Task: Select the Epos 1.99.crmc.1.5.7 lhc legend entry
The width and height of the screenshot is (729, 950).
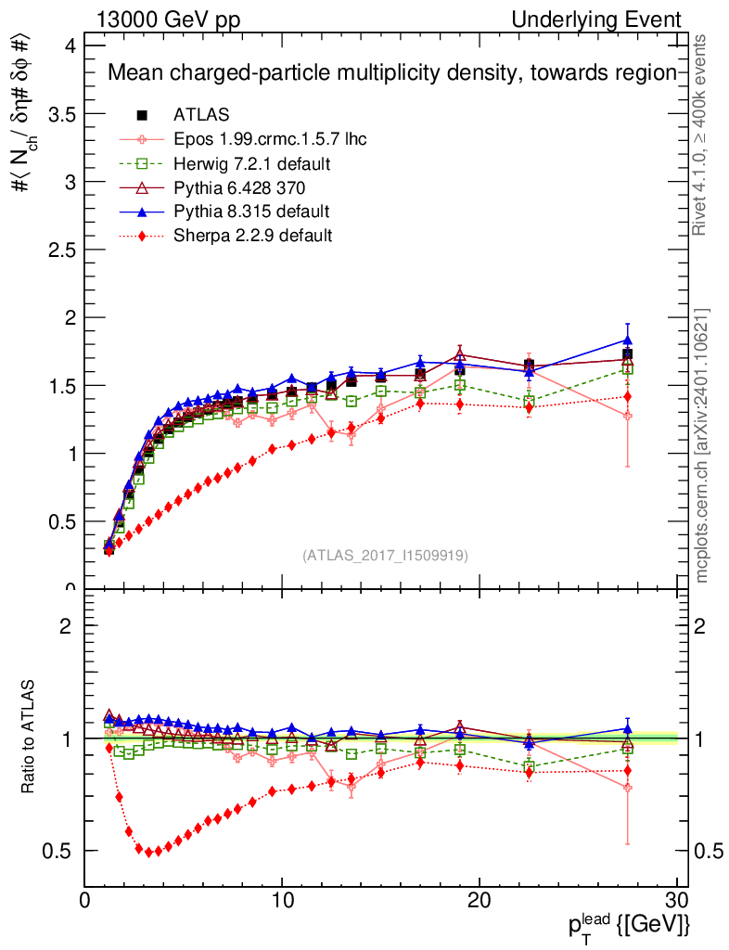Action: (270, 140)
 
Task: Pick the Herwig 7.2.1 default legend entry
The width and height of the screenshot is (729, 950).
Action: (252, 164)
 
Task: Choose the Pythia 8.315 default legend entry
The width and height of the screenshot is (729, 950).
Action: (251, 212)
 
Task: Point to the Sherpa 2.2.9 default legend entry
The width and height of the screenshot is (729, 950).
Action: (252, 236)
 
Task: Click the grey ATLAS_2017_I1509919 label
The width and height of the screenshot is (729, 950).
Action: (385, 556)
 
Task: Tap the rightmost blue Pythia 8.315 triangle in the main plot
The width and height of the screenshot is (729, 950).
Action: (628, 340)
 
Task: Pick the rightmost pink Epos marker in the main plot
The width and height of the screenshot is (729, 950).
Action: (628, 416)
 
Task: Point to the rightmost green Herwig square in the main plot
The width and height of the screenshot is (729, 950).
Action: (628, 369)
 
